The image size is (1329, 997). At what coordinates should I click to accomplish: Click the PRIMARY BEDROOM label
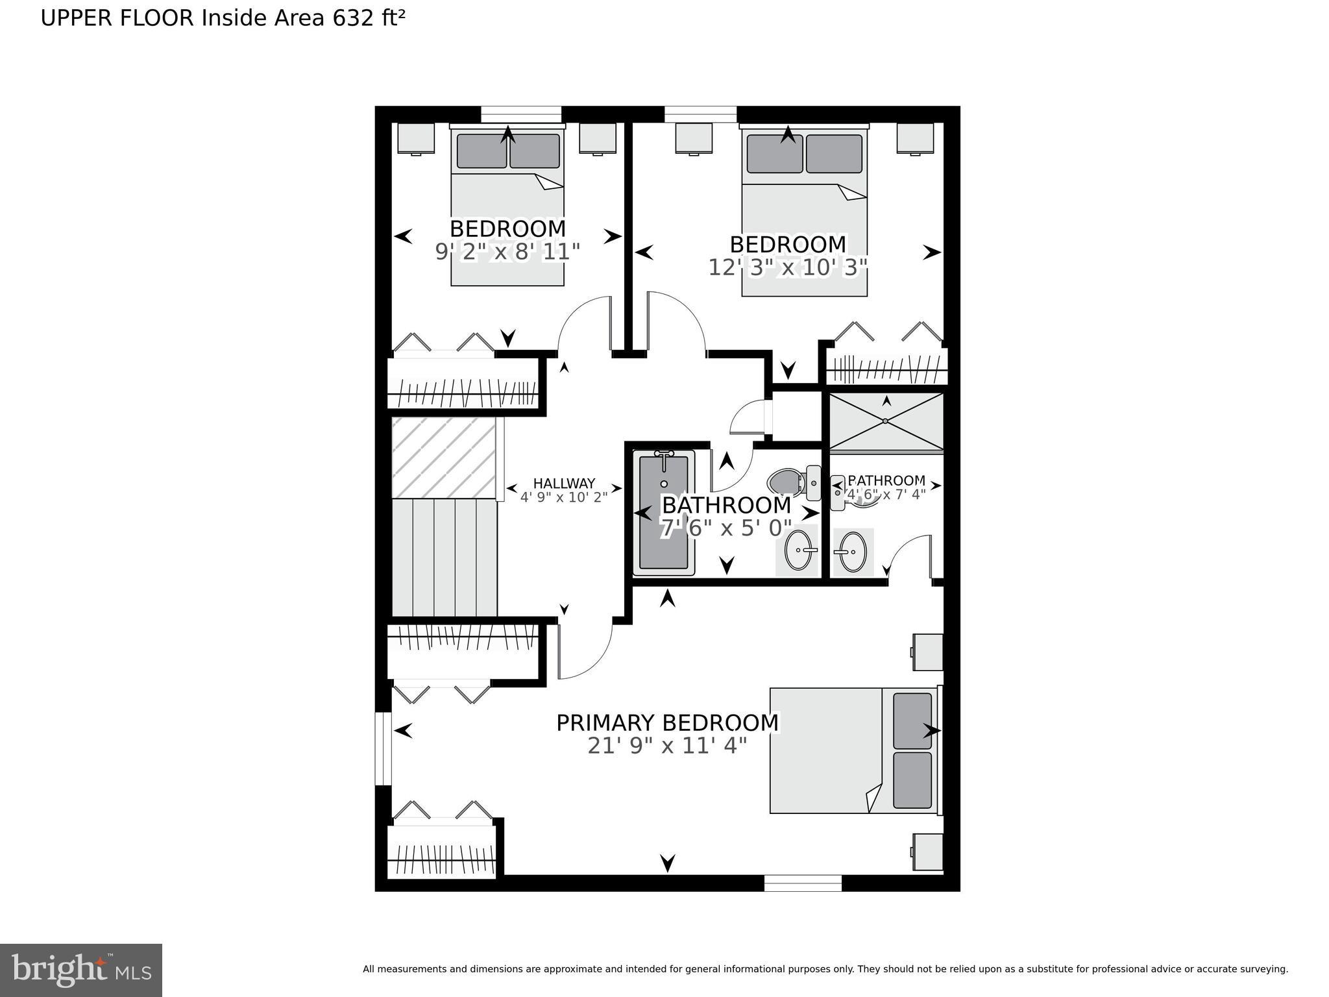click(x=667, y=723)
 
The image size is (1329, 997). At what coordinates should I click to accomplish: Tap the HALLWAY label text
click(x=563, y=484)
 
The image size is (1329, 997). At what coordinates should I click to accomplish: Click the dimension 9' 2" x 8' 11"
click(x=507, y=252)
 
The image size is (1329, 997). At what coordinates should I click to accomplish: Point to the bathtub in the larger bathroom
click(x=663, y=513)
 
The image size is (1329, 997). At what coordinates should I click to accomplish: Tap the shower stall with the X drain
click(x=886, y=421)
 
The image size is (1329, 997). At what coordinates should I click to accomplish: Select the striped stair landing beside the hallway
click(x=444, y=458)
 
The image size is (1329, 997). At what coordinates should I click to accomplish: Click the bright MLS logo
click(x=80, y=970)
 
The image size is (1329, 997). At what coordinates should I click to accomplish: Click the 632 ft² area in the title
click(x=369, y=18)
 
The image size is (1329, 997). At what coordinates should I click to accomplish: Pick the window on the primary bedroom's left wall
click(x=384, y=749)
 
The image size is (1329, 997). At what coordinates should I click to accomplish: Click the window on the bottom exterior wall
click(x=803, y=883)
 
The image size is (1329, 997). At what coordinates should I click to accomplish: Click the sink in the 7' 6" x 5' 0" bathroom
click(x=798, y=550)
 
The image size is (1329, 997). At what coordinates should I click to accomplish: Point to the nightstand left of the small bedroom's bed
click(x=415, y=138)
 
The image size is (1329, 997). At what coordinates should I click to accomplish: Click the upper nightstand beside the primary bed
click(x=928, y=652)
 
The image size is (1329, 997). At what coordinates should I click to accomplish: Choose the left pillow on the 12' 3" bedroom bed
click(x=774, y=154)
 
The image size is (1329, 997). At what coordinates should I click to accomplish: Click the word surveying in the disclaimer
click(x=1264, y=969)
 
